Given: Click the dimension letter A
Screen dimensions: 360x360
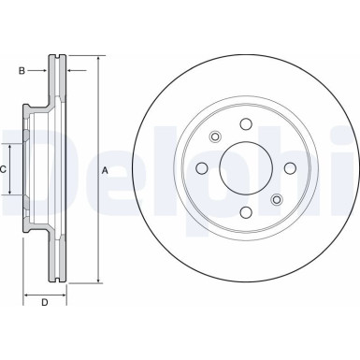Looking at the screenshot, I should tap(105, 169).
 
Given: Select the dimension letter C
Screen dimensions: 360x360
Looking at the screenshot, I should tap(5, 169).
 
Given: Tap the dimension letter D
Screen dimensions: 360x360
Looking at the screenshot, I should tap(45, 301).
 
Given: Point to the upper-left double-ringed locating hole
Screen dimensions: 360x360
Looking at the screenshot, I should tap(214, 137).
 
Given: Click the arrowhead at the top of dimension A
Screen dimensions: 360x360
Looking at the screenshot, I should tap(96, 60).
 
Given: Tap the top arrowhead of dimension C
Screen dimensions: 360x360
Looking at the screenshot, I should tap(11, 148).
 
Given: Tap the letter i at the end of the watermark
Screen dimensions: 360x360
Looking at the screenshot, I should tap(341, 169).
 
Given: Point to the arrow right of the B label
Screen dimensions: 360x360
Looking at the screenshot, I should tap(43, 69).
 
